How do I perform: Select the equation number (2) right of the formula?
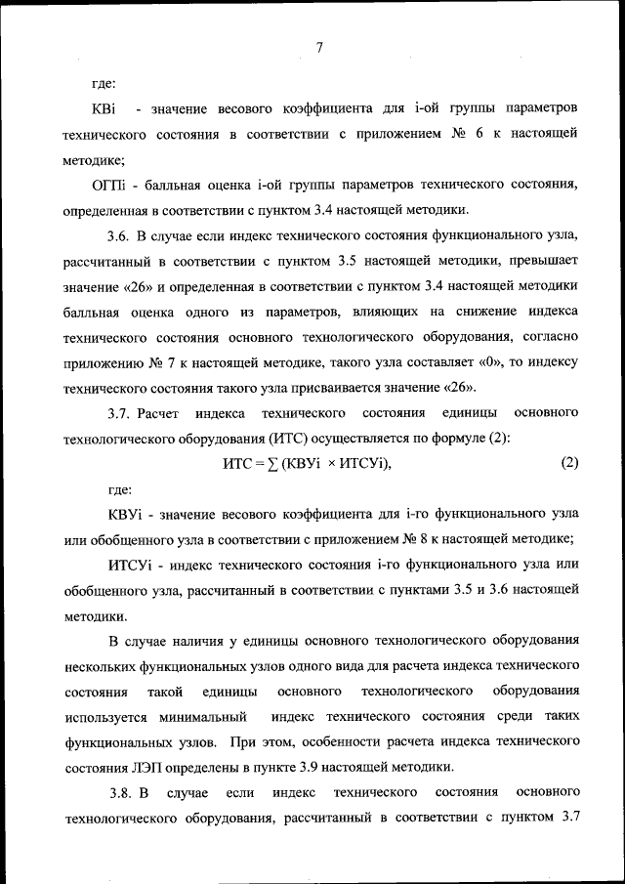coord(570,464)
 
